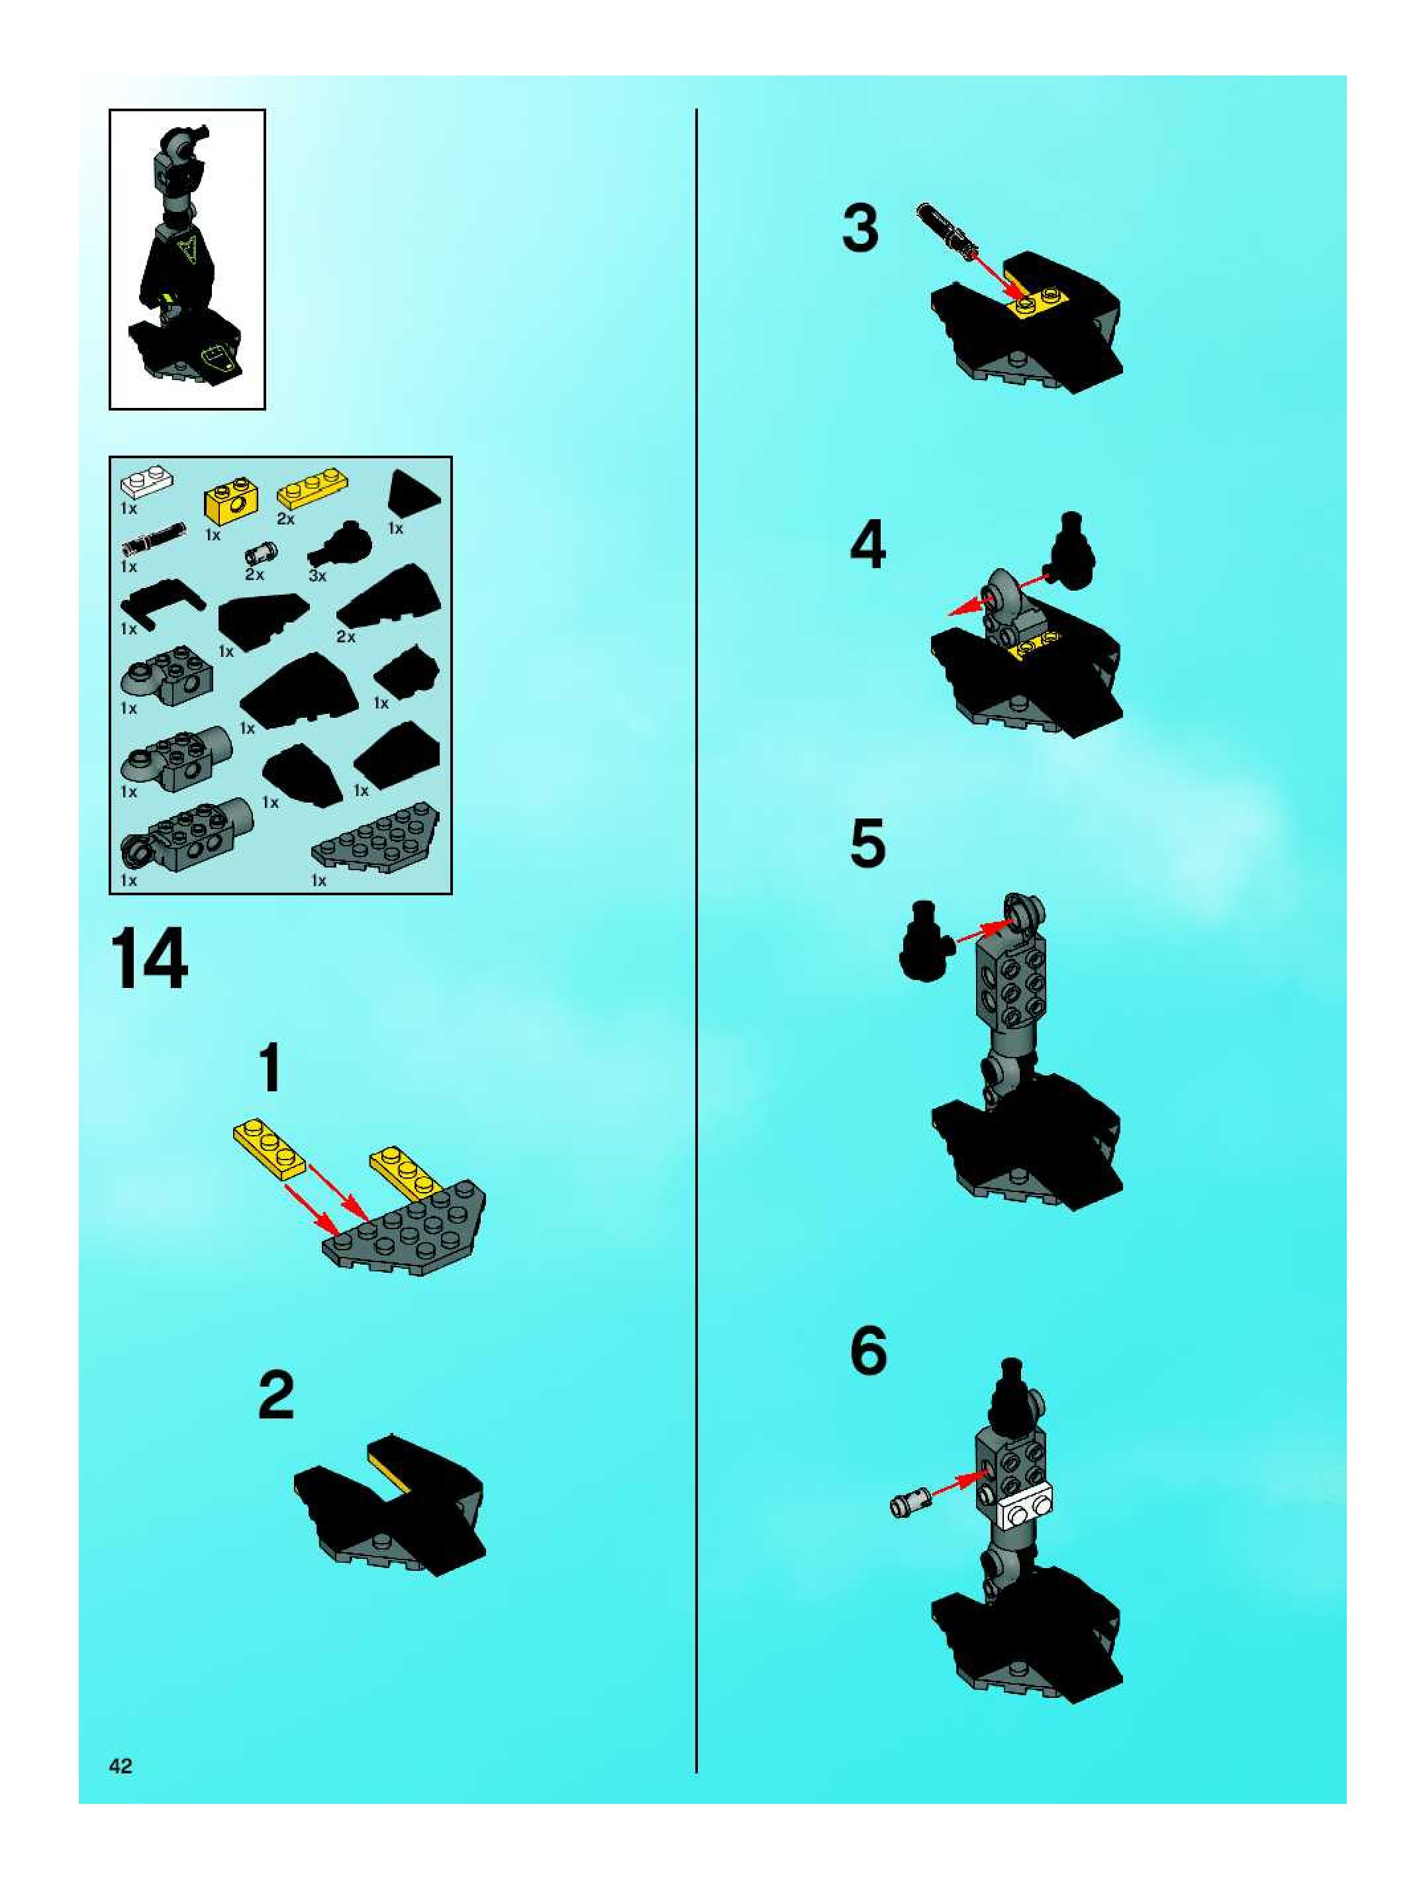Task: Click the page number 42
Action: [120, 1766]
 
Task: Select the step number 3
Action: [860, 230]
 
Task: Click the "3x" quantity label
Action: [317, 576]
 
